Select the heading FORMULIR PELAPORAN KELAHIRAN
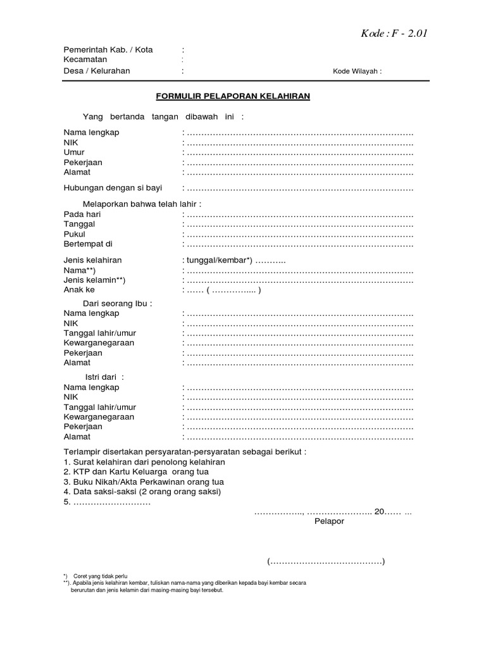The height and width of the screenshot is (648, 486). (233, 97)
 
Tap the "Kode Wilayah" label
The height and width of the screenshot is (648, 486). (357, 72)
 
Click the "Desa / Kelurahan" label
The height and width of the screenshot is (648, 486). (96, 71)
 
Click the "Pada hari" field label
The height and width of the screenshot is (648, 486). (82, 215)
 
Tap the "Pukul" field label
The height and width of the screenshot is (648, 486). (74, 234)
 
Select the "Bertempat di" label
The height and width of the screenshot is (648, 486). (87, 244)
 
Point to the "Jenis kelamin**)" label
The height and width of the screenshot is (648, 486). (94, 280)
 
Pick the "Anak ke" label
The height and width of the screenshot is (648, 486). (78, 290)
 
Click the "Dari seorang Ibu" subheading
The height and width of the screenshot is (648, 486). (118, 303)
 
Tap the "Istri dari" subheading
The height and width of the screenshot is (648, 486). (105, 377)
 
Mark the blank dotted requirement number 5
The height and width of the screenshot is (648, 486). (108, 502)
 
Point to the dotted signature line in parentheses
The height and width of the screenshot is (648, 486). (326, 562)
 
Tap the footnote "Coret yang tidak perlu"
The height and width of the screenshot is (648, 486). (100, 576)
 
